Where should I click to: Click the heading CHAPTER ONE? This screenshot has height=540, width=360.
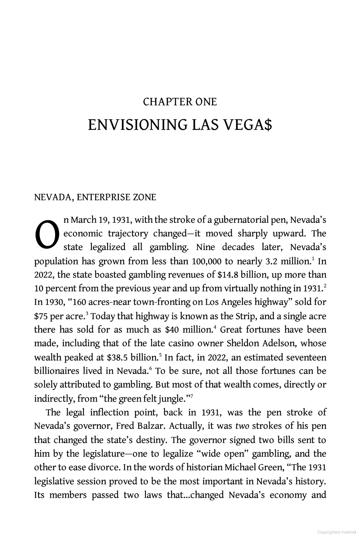[x=180, y=102]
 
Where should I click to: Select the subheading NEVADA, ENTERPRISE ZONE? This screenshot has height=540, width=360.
[x=95, y=197]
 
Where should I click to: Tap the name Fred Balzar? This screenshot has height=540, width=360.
[x=139, y=426]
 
